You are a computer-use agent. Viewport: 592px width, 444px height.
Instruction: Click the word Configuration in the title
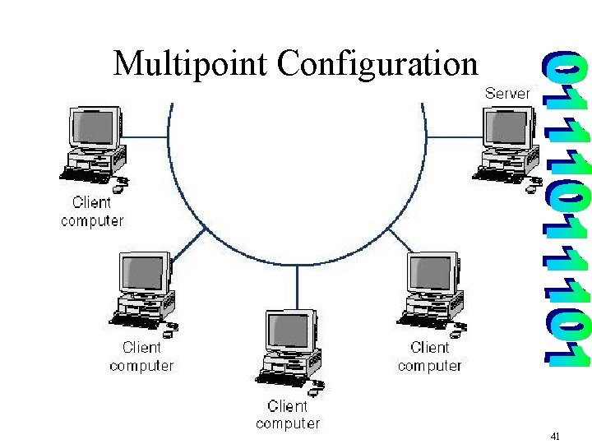(377, 63)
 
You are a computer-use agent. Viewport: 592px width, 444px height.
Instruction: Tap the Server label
(506, 93)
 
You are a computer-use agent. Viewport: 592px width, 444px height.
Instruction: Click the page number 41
(555, 437)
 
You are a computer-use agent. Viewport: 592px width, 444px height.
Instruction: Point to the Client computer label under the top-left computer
(92, 211)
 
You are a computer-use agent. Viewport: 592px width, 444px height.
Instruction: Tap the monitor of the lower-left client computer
(145, 274)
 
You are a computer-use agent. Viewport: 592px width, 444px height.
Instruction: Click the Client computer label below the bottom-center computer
(287, 414)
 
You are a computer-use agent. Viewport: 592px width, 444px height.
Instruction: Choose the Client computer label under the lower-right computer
(429, 356)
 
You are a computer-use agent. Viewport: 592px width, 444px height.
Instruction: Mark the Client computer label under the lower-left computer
(141, 356)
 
